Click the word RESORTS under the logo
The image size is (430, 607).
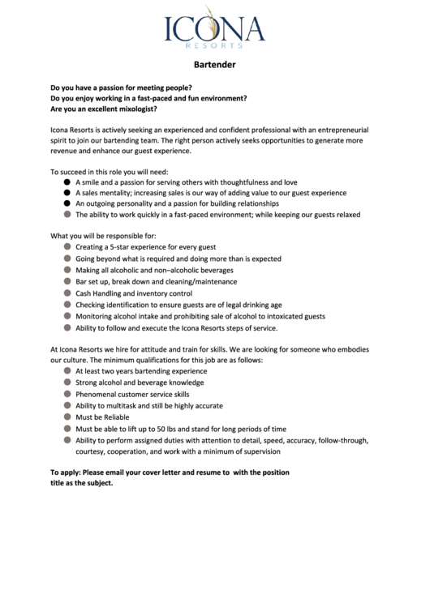pos(214,45)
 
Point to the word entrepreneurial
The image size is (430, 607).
pos(341,130)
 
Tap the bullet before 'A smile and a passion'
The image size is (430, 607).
pos(67,182)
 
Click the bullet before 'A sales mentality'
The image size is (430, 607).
pos(67,193)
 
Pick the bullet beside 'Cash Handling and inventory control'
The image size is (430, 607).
pos(67,293)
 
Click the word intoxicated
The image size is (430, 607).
pos(273,316)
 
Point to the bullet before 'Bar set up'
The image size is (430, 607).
pos(67,281)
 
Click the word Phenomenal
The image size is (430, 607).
pos(100,394)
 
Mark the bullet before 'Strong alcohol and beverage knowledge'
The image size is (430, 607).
pos(67,382)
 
